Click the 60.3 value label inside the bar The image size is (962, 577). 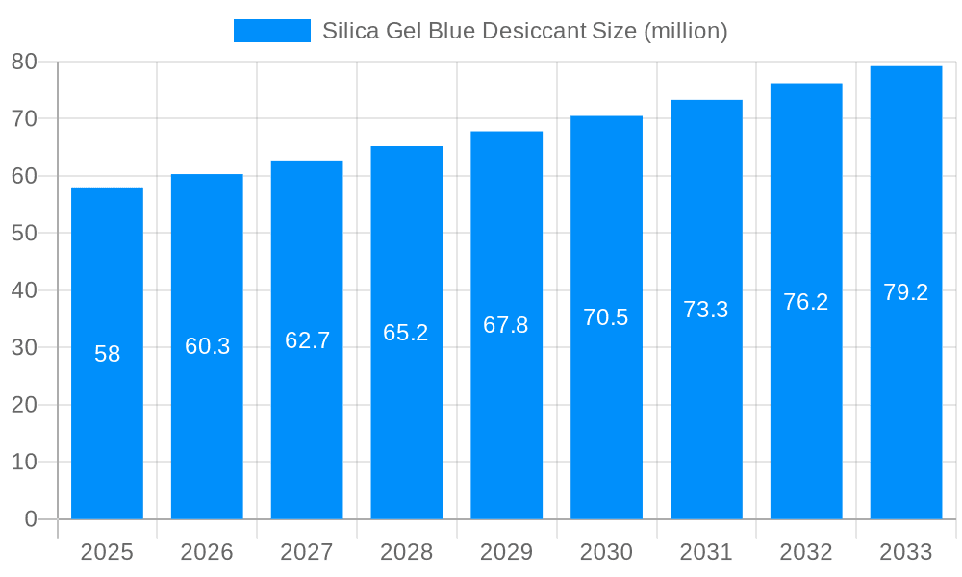coord(207,346)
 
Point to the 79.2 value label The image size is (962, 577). coord(905,292)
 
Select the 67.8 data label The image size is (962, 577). coord(506,325)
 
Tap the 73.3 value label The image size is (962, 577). coord(705,310)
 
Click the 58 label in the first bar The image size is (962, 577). coord(107,354)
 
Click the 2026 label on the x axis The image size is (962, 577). coord(207,552)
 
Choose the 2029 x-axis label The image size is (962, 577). coord(506,552)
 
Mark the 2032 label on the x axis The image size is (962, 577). coord(805,552)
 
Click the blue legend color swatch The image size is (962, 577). coord(272,31)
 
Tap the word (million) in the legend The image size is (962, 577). coord(685,31)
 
